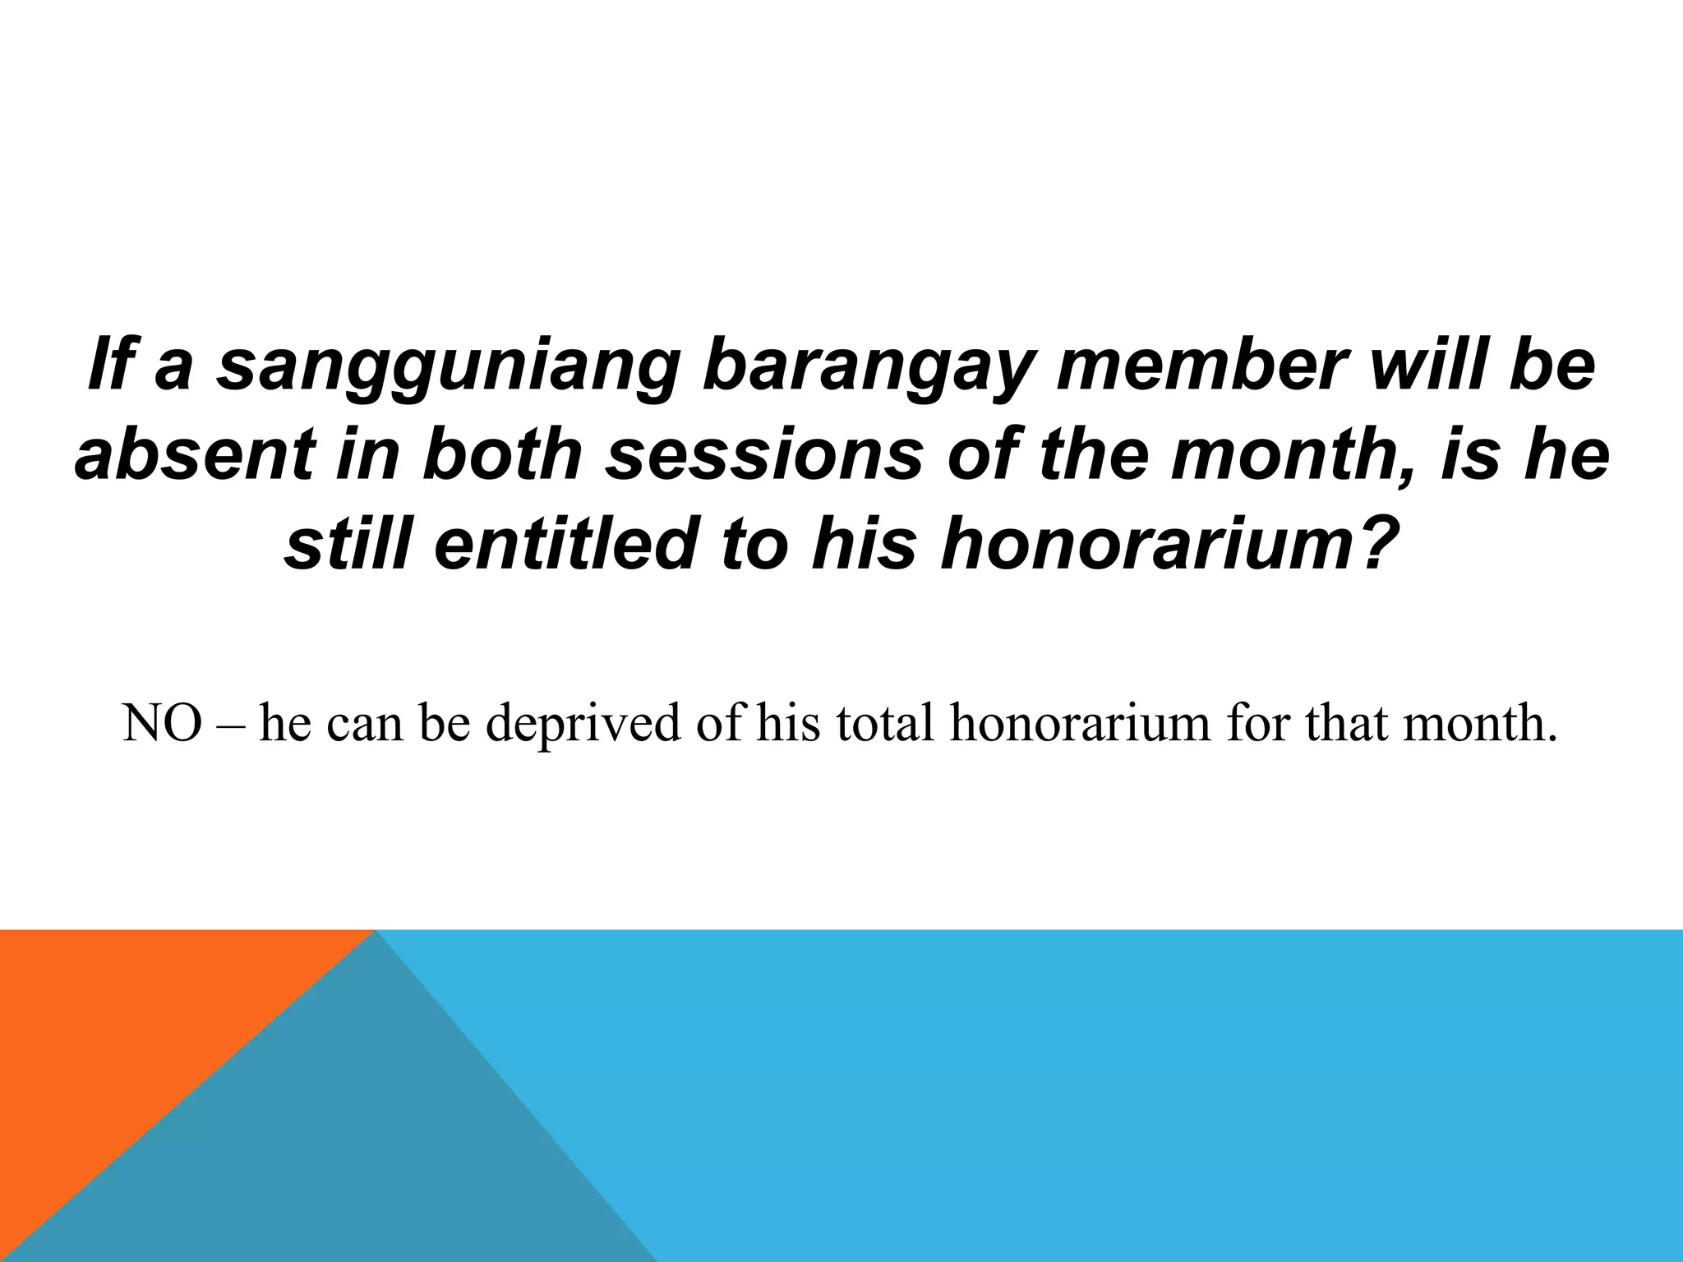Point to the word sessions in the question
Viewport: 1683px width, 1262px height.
click(x=764, y=454)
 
